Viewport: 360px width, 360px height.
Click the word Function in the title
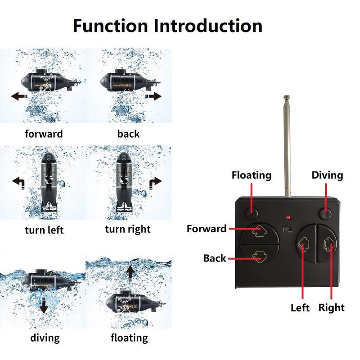[110, 26]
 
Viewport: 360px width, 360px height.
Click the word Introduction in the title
[208, 26]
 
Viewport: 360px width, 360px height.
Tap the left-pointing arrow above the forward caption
[19, 96]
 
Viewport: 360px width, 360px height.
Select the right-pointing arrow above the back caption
[153, 96]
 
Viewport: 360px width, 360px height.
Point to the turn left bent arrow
[19, 182]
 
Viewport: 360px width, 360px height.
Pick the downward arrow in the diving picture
[44, 306]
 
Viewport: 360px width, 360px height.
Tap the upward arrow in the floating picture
[130, 274]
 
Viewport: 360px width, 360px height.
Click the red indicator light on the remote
[288, 217]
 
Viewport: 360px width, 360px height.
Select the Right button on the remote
[327, 243]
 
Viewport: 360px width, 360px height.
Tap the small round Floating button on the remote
[252, 213]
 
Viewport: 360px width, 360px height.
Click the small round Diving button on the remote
[325, 213]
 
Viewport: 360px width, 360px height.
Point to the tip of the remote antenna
[287, 96]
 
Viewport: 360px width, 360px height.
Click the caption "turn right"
[128, 229]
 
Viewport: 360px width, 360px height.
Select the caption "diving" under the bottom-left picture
[45, 338]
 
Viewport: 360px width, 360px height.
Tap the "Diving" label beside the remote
[327, 175]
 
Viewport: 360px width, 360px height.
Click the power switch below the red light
[288, 229]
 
